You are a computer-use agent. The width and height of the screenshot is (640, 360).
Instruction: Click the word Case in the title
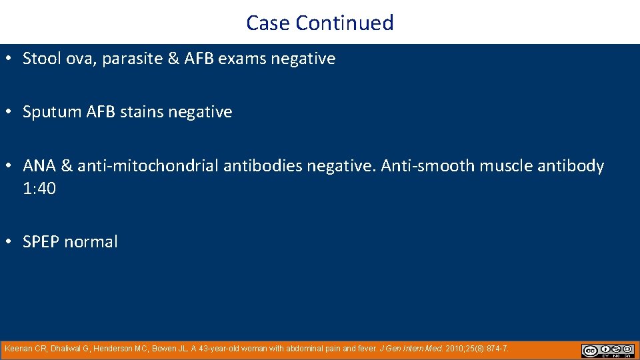click(x=269, y=23)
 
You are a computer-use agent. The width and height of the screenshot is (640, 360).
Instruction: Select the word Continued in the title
click(x=345, y=23)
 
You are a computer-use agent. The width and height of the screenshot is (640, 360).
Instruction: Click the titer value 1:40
click(x=39, y=189)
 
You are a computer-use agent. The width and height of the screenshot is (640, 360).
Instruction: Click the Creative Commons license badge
click(x=607, y=351)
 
